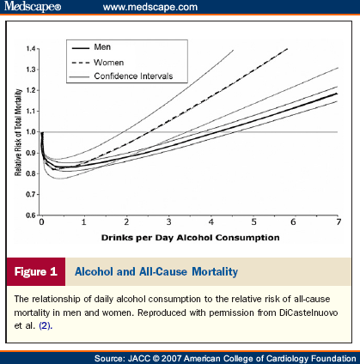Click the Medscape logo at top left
tap(33, 6)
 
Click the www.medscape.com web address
tap(150, 7)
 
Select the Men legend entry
tap(91, 47)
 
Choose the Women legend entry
tap(98, 63)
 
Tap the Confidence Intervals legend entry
tap(122, 76)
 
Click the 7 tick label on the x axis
tap(339, 222)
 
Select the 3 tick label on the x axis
tap(169, 222)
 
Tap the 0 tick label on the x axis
tap(42, 222)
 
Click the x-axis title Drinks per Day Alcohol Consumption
tap(190, 238)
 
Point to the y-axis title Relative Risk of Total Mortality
tap(18, 132)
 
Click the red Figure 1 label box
tap(36, 271)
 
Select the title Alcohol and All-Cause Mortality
tap(156, 271)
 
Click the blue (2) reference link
tap(46, 325)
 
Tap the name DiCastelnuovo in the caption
tap(308, 312)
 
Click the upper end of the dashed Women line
tap(287, 49)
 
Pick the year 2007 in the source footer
tap(171, 359)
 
